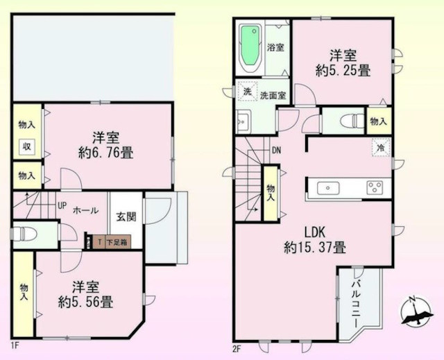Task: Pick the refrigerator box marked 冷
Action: [x=379, y=148]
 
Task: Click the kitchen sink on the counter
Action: [x=327, y=187]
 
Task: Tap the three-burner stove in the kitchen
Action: [x=375, y=187]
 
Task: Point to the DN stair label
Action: [x=276, y=151]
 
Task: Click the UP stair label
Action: [x=62, y=206]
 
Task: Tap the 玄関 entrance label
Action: [x=126, y=216]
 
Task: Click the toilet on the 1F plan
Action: [x=27, y=234]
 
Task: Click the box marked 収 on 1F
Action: [x=26, y=146]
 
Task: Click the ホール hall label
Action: [x=85, y=209]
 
